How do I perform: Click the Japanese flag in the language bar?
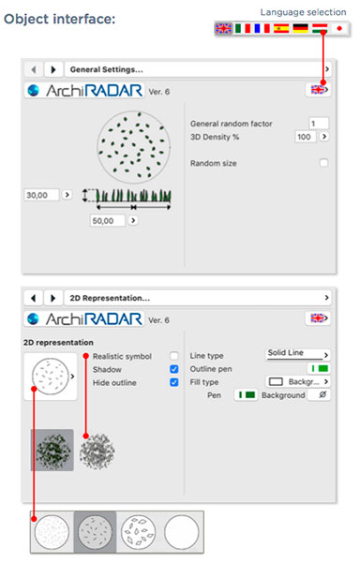339,28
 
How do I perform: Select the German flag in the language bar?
300,28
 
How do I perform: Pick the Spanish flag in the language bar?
281,28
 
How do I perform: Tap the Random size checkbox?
323,163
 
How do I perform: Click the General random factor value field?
319,124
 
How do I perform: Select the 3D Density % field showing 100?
305,137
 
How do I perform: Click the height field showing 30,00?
41,195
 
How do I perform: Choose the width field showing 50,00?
108,220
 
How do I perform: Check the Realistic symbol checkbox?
173,356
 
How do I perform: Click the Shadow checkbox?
173,369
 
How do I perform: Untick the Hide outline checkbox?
173,382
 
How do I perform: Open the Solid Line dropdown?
298,354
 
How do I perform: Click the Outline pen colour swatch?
319,368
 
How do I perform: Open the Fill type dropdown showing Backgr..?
298,382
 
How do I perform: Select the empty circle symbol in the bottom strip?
182,532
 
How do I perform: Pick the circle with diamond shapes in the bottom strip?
139,532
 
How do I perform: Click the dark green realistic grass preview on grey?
52,450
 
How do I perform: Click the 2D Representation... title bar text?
110,298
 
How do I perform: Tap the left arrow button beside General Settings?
34,69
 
